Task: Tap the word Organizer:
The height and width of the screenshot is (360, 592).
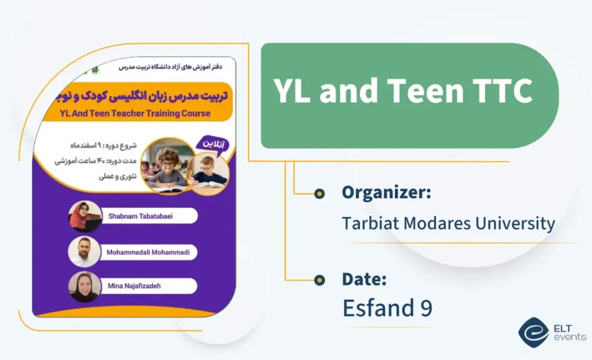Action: (386, 193)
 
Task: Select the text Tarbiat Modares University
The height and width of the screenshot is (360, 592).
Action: (448, 223)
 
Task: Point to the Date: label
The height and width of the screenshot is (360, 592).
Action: (364, 279)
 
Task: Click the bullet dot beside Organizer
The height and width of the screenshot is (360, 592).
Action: (320, 193)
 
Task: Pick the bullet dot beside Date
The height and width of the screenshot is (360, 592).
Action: (320, 280)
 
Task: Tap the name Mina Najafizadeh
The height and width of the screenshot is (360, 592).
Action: (134, 286)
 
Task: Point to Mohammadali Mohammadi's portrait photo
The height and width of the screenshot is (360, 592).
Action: (85, 252)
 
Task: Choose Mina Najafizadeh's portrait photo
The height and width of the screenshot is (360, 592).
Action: (85, 287)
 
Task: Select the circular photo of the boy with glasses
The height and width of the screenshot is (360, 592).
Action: (167, 164)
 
